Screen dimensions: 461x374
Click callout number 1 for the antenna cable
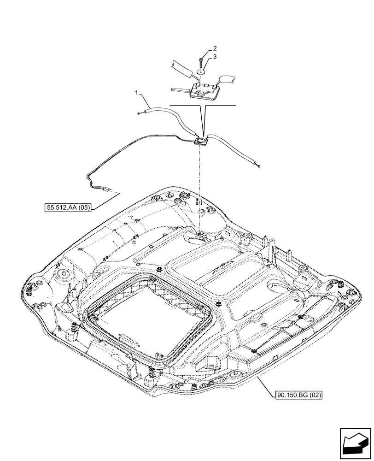137,94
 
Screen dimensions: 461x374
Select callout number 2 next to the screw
215,48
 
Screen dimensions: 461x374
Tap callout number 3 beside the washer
215,57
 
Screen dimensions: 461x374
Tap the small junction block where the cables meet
201,141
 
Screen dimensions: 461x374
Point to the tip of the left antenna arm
139,112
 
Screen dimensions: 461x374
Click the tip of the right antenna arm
260,166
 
